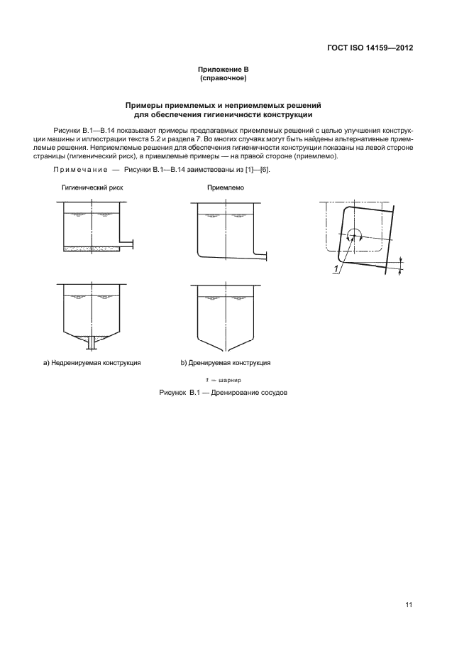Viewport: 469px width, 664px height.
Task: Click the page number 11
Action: [409, 605]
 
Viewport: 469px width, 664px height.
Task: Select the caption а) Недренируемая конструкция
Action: [92, 363]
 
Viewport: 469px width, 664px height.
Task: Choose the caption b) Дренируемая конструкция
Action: [225, 363]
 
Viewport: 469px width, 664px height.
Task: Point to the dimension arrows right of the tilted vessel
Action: [401, 264]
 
